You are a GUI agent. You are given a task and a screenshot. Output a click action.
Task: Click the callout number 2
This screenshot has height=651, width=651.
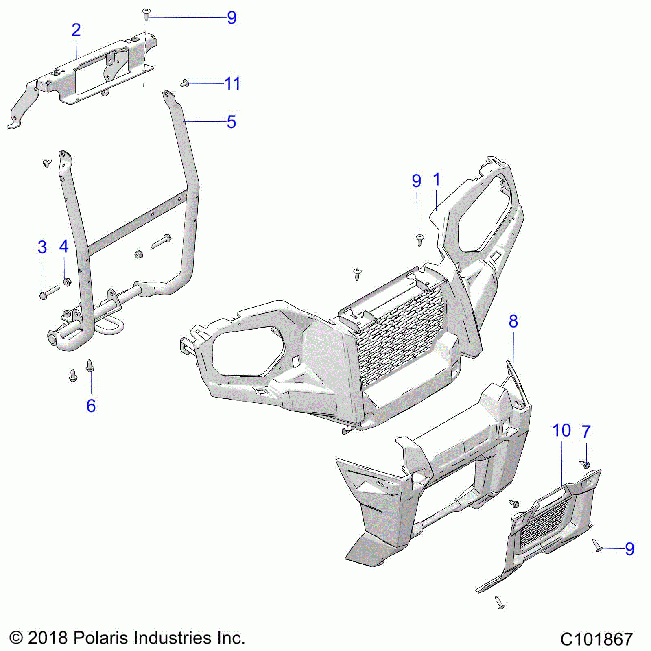(76, 30)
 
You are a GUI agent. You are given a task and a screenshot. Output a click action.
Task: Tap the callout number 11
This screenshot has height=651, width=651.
(232, 84)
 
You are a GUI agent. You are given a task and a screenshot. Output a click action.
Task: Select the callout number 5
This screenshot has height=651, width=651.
(231, 122)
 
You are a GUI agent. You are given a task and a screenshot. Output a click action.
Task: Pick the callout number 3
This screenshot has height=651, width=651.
(42, 247)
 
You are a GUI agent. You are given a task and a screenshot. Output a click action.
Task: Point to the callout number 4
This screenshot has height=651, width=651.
(64, 247)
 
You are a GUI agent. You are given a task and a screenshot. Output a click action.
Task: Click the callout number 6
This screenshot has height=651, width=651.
(91, 406)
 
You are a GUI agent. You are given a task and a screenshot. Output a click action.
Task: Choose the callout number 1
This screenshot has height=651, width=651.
(437, 179)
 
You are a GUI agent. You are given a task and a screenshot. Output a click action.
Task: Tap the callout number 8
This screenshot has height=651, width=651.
(513, 321)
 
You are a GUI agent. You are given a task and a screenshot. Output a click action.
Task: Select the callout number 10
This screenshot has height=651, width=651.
(561, 430)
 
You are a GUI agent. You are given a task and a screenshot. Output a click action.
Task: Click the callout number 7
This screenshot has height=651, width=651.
(586, 431)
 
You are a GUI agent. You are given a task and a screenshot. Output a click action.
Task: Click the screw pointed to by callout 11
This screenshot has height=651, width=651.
(184, 83)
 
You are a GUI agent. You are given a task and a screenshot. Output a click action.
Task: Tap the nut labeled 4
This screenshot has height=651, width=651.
(66, 282)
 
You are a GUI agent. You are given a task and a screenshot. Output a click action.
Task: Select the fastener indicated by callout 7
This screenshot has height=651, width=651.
(585, 463)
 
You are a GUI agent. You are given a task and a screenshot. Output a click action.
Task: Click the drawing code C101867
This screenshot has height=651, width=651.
(596, 639)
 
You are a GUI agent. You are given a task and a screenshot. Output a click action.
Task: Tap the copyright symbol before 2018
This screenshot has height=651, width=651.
(16, 638)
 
